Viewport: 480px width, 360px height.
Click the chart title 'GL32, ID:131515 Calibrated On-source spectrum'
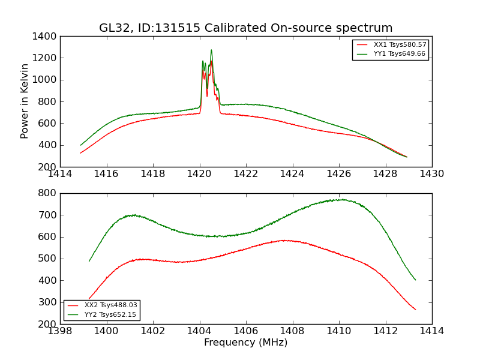pos(246,28)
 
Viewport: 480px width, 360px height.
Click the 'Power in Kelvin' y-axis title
pos(25,101)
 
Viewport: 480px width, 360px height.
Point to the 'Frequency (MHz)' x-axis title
pos(246,343)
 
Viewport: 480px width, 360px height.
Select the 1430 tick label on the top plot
pos(432,174)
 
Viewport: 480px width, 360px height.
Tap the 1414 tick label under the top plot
pos(60,174)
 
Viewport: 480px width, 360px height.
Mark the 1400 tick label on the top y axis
pos(46,37)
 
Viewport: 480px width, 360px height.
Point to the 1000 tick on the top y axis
pos(46,80)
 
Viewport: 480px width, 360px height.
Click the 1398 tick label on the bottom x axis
pos(60,331)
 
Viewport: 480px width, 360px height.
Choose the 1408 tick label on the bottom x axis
pos(292,331)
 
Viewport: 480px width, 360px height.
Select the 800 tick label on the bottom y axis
pos(49,193)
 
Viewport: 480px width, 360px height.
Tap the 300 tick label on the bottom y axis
pos(49,302)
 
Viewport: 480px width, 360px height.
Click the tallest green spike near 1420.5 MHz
pos(211,50)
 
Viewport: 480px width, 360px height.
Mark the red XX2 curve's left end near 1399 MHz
pos(89,298)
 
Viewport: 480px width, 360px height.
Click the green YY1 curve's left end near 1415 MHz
pos(81,145)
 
